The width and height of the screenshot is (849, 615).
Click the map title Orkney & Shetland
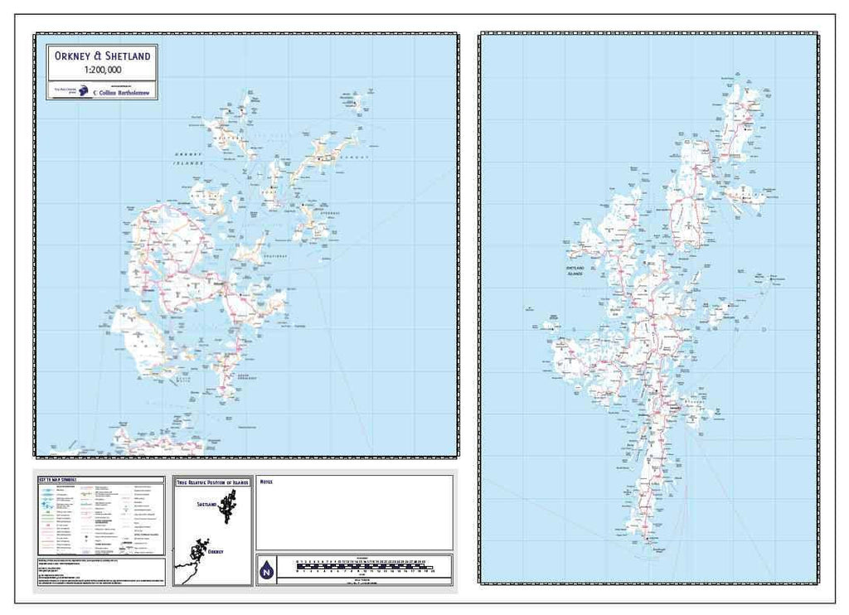pos(102,56)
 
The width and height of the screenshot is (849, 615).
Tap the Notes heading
pos(266,480)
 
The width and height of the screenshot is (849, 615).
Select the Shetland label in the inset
pos(206,503)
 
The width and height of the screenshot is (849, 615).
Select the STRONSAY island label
pos(330,213)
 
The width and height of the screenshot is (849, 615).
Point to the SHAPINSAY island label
pos(276,257)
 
